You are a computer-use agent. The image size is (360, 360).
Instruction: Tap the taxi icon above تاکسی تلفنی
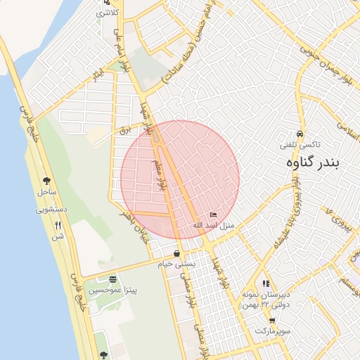click(x=300, y=134)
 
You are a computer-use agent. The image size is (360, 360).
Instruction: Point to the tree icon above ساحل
click(x=46, y=180)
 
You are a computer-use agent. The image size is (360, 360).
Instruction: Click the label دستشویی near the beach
click(x=51, y=209)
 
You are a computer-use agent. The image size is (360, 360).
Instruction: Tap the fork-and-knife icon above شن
click(x=58, y=225)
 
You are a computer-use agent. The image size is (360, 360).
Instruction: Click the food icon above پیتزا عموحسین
click(x=112, y=278)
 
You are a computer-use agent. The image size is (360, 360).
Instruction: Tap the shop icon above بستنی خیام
click(x=176, y=254)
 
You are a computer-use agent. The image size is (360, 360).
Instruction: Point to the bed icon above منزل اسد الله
click(x=214, y=215)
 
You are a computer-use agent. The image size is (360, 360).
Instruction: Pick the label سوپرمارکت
click(x=273, y=330)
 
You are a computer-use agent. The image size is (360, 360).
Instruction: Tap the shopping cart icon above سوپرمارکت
click(x=272, y=320)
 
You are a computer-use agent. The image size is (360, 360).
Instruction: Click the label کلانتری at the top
click(x=108, y=13)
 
